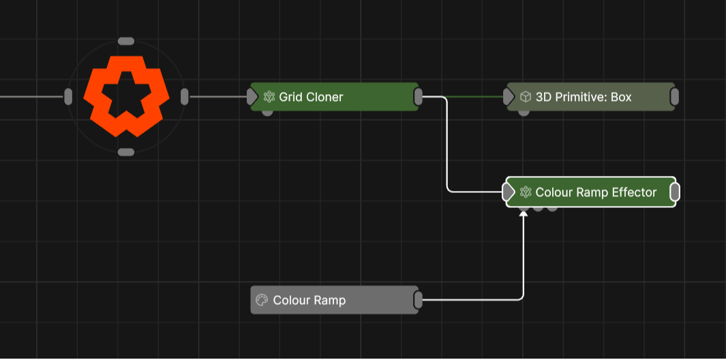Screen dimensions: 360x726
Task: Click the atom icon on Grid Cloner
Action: (x=269, y=97)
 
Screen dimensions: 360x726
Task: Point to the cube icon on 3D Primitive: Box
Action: (x=526, y=97)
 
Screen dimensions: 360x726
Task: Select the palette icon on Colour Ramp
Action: (x=261, y=300)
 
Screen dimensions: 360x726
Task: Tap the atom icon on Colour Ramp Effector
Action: (x=526, y=192)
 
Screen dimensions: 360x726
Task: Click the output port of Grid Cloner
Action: (x=419, y=97)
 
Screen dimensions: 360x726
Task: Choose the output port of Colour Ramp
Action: (x=419, y=300)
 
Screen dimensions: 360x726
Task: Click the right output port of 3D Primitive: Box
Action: (x=674, y=97)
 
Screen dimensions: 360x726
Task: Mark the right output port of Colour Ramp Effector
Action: (x=675, y=192)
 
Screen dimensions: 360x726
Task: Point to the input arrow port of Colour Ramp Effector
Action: (x=509, y=192)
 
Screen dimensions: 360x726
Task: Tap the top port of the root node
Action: (x=126, y=42)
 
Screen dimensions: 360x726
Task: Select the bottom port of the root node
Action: (x=126, y=152)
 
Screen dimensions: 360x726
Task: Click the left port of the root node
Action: (x=68, y=97)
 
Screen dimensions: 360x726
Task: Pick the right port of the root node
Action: (x=184, y=97)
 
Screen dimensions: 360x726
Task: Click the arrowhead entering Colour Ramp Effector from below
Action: (x=524, y=214)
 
